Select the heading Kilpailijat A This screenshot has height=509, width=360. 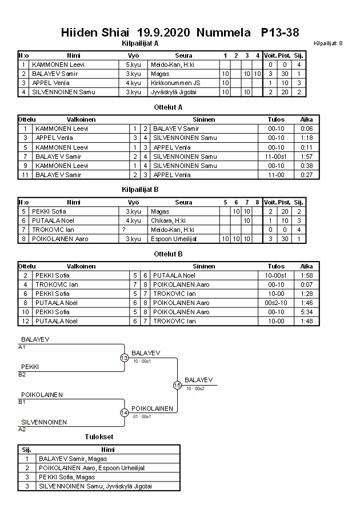140,43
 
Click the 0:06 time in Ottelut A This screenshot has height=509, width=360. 306,129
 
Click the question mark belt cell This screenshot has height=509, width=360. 123,230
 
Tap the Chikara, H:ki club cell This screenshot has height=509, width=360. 168,221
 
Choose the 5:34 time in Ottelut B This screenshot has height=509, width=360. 306,312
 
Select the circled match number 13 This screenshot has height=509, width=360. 125,358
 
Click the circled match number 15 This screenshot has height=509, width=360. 177,386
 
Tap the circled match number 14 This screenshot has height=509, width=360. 125,413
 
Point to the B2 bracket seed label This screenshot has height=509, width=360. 22,375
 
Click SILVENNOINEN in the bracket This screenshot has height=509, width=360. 44,422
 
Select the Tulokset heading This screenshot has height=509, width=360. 99,437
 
